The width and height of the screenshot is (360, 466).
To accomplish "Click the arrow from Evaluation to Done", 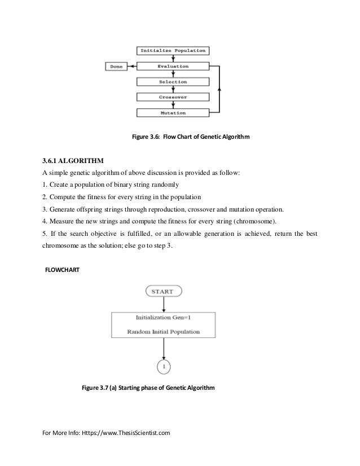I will [131, 67].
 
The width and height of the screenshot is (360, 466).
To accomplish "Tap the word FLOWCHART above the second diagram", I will [63, 270].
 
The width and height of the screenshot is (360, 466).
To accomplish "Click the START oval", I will [164, 292].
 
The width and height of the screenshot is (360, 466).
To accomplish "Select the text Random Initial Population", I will [163, 331].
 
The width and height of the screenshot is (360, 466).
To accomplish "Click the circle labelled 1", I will [163, 367].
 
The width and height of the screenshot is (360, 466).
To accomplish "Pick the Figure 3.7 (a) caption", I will [148, 388].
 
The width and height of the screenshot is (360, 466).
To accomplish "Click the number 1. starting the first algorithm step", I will [45, 186].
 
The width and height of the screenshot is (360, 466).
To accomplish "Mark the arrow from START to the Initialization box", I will [163, 304].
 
